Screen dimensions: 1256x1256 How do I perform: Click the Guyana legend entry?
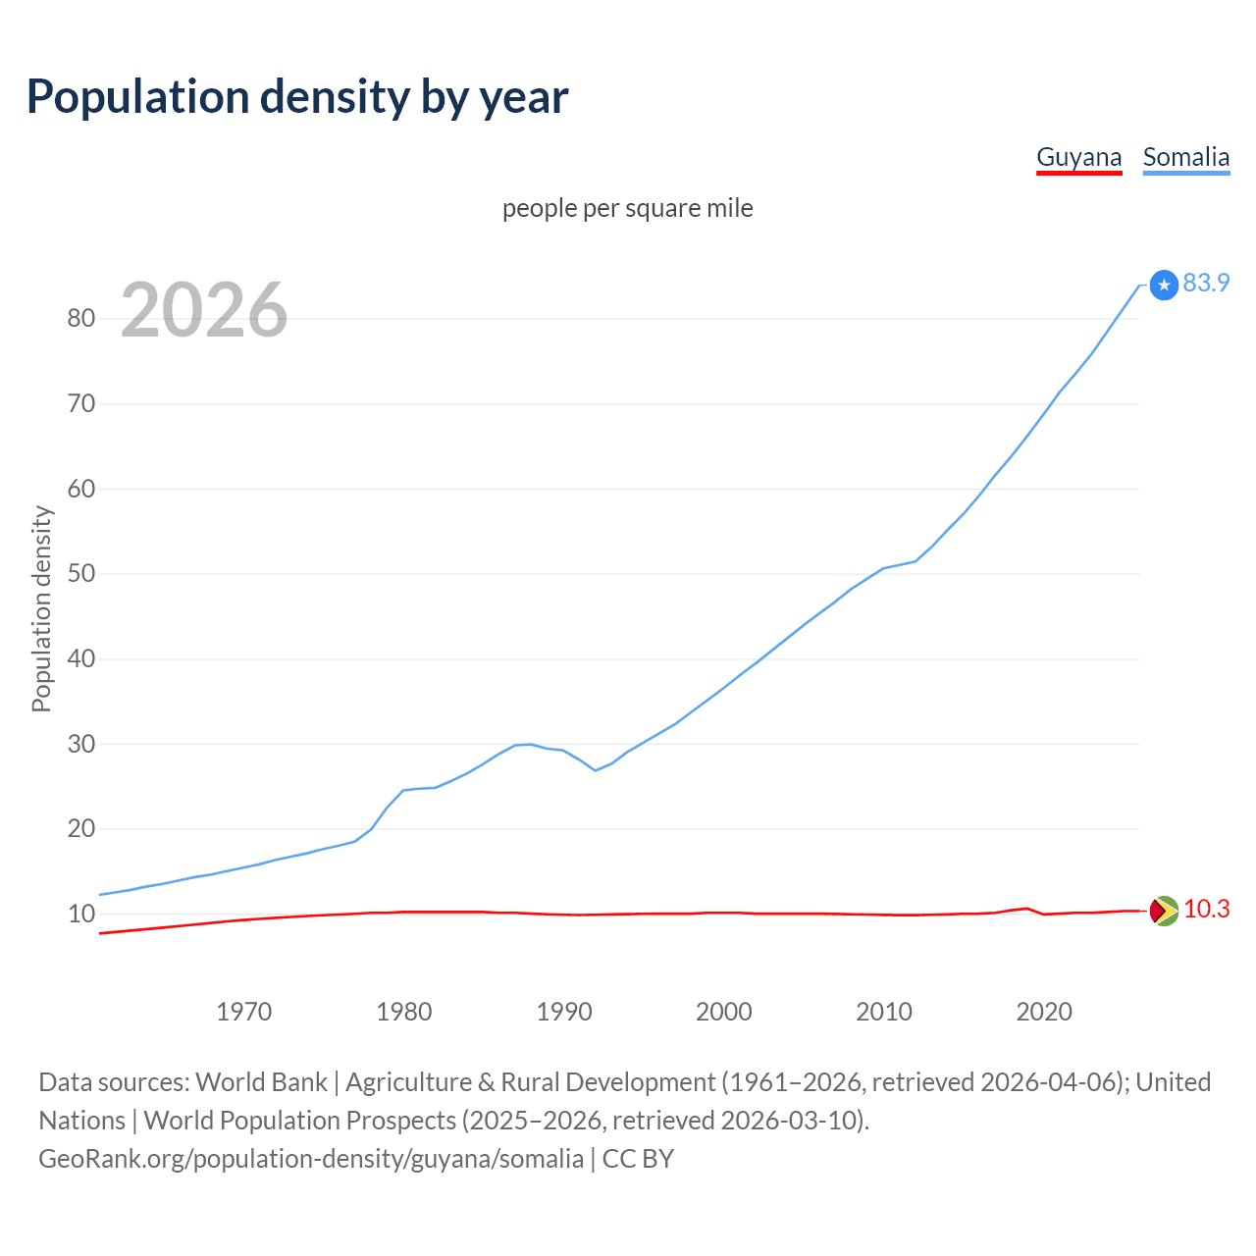(1078, 158)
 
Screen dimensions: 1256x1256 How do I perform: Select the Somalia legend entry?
(1185, 158)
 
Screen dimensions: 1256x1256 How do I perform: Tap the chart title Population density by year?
(297, 96)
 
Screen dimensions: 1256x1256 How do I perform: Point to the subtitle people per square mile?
(627, 208)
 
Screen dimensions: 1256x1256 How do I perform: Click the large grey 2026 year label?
(204, 310)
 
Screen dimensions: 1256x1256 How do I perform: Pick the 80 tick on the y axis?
(81, 318)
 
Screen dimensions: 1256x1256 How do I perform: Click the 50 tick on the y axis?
(81, 573)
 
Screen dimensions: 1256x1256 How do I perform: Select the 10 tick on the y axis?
(81, 914)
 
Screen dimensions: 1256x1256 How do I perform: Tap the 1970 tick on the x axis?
(243, 1012)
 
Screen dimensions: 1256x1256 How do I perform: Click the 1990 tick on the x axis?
(564, 1012)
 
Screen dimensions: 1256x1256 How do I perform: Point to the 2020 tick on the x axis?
(1044, 1012)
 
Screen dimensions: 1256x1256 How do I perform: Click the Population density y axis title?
(41, 608)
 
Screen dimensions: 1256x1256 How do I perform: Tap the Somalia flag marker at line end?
(1164, 286)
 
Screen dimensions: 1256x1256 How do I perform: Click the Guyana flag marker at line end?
(1164, 912)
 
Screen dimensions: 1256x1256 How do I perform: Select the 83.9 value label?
(1206, 283)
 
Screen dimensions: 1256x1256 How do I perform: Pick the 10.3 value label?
(1206, 910)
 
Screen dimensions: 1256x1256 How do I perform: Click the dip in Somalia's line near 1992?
(596, 770)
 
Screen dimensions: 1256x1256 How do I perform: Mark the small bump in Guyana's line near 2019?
(1026, 909)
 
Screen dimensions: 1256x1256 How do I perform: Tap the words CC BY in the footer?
(638, 1159)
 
